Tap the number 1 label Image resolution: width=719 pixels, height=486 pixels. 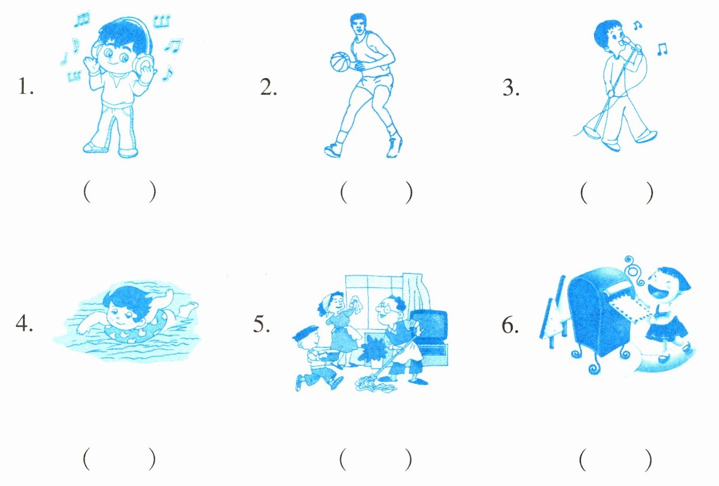pyautogui.click(x=26, y=86)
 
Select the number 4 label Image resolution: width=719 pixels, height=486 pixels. pyautogui.click(x=24, y=323)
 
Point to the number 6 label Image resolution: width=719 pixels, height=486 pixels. pyautogui.click(x=510, y=325)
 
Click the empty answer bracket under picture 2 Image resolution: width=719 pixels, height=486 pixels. pyautogui.click(x=376, y=193)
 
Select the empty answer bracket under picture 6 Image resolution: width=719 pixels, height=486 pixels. pyautogui.click(x=616, y=460)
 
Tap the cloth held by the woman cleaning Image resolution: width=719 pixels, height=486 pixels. pyautogui.click(x=357, y=304)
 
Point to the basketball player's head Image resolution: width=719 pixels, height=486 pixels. pyautogui.click(x=359, y=24)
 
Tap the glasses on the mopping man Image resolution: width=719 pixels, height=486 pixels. pyautogui.click(x=384, y=309)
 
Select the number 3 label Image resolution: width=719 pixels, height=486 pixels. pyautogui.click(x=511, y=87)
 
